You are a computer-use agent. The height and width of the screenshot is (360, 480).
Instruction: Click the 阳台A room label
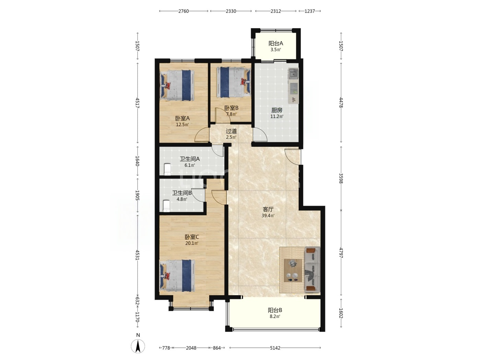pos(276,43)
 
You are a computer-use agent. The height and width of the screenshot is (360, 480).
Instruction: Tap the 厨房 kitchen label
pos(277,110)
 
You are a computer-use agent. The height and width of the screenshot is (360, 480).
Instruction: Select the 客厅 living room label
pos(268,209)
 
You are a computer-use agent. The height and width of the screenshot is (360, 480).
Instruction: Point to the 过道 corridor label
pos(231,131)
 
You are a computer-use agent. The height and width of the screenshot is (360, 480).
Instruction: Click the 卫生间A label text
pos(190,159)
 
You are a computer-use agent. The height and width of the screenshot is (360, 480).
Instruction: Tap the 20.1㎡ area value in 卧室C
pos(192,243)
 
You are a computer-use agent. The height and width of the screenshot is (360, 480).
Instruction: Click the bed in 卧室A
pos(177,85)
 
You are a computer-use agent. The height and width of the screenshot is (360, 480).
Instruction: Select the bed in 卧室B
pos(233,82)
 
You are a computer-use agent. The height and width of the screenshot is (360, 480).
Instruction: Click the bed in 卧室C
pos(177,275)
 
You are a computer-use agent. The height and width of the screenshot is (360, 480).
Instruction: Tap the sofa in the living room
pos(312,270)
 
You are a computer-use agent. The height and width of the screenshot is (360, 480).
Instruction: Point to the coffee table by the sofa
pos(293,271)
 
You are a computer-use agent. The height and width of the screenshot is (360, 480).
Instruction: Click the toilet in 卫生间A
pos(168,169)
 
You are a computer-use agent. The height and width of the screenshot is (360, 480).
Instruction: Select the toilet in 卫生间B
pos(166,206)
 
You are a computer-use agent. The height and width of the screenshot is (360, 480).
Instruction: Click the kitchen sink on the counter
pos(293,73)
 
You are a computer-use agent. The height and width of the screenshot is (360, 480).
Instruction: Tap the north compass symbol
pos(138,346)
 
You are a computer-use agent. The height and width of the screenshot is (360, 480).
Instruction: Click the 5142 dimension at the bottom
pos(275,348)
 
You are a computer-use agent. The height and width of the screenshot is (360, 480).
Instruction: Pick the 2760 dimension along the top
pos(183,11)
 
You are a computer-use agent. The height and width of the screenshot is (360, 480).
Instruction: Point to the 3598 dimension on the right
pos(341,178)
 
